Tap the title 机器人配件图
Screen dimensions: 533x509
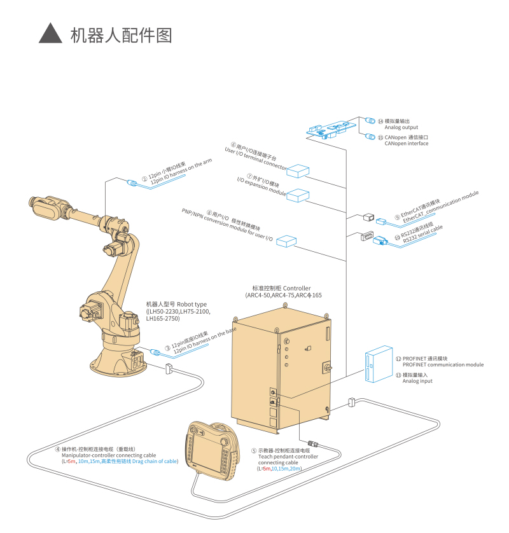pos(121,34)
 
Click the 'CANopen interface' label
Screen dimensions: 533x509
pos(406,143)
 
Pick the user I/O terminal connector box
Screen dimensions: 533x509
pos(297,171)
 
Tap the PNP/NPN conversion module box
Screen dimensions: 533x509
pos(288,242)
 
